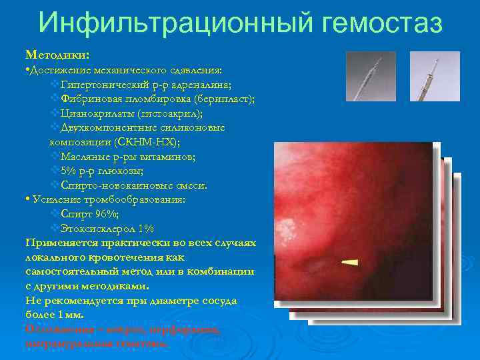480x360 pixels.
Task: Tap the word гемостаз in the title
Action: (381, 24)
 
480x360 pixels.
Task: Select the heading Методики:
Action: (57, 53)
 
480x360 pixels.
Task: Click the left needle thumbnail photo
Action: (366, 76)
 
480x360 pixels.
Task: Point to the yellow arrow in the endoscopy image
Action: (348, 261)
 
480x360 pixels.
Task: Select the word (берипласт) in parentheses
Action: (221, 99)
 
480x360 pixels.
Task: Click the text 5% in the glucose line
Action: (69, 171)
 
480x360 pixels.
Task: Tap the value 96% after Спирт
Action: (107, 214)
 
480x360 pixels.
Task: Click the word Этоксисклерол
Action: (100, 229)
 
